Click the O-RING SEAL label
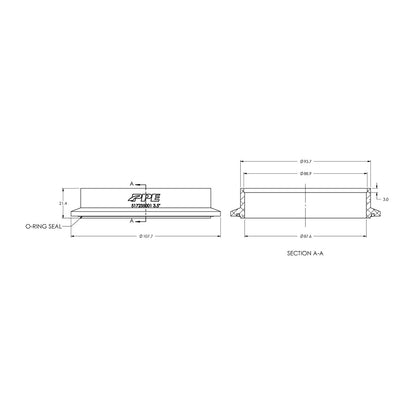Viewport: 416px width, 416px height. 43,227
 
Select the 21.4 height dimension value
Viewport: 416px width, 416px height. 62,202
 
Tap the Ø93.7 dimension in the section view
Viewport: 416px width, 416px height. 307,164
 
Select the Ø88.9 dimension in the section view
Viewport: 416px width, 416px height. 307,174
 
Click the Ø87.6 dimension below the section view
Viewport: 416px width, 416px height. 307,237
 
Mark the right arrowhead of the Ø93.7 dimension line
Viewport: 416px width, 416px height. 375,164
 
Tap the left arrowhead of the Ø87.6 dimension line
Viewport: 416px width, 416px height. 243,237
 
